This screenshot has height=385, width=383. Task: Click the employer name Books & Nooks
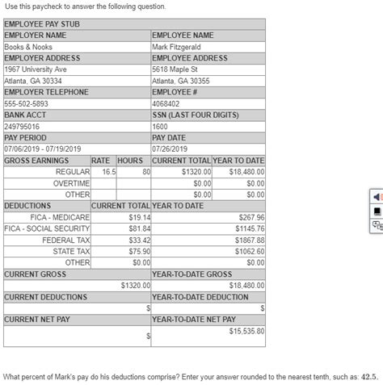click(28, 47)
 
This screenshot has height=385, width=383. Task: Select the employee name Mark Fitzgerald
click(178, 47)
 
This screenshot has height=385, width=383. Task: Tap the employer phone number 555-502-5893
click(26, 103)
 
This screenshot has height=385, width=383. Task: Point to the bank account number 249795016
click(22, 127)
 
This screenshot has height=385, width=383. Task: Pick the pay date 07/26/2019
click(170, 149)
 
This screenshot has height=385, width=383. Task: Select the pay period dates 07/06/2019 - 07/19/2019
click(44, 149)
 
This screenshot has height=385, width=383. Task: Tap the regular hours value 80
click(146, 172)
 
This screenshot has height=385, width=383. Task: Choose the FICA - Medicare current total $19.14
click(141, 217)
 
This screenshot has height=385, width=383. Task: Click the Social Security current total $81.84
click(141, 228)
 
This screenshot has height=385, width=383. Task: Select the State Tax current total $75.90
click(141, 251)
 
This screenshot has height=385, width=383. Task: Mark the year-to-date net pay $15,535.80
click(247, 331)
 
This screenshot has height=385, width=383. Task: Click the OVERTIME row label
click(73, 183)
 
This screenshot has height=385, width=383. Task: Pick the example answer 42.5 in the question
click(369, 375)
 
